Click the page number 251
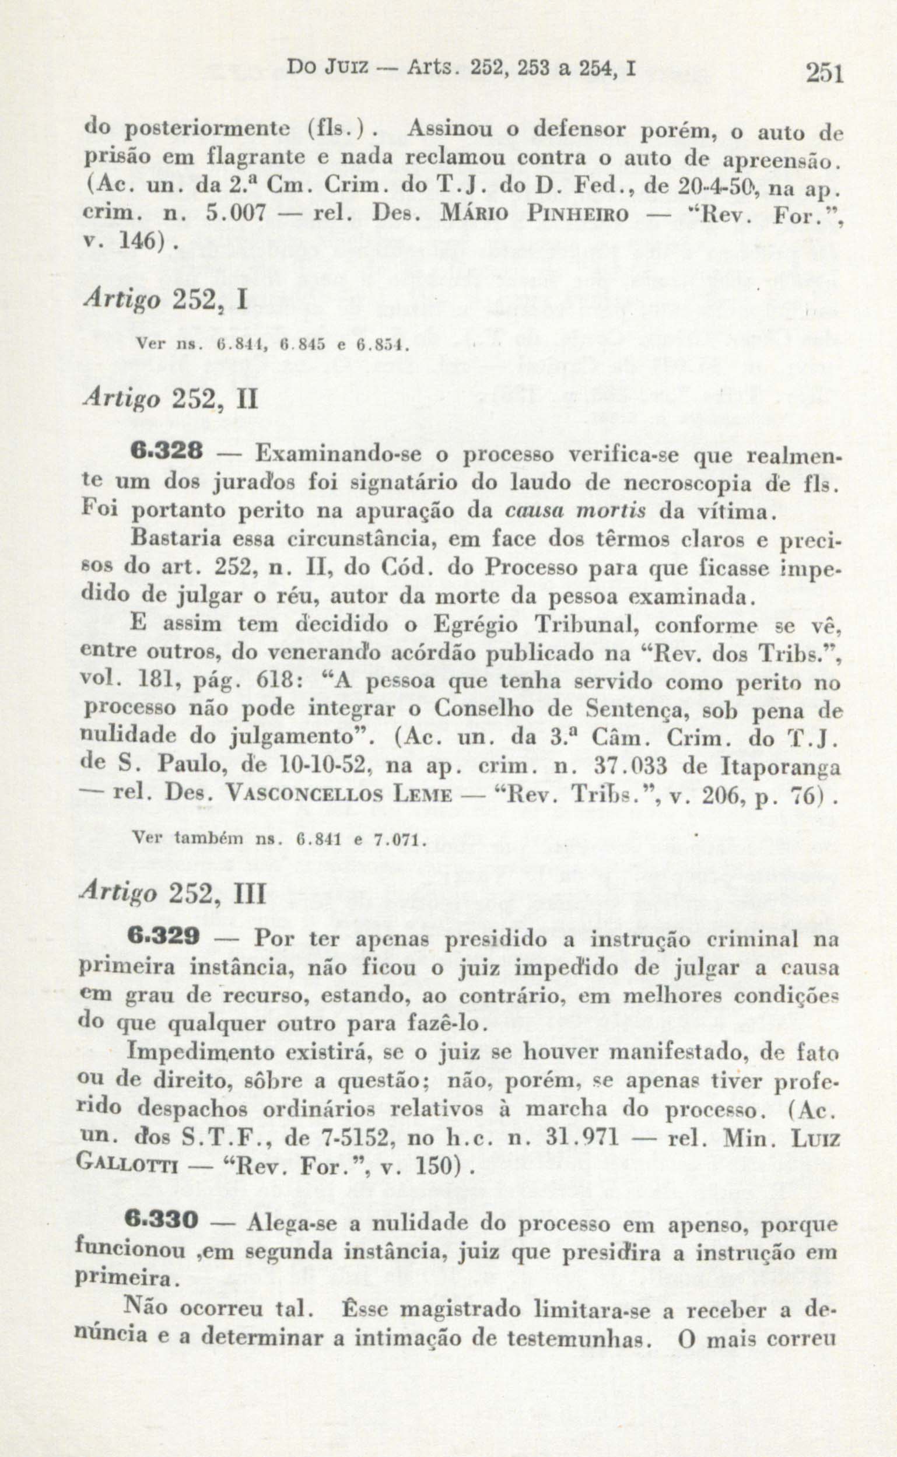click(x=824, y=74)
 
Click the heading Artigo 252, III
click(x=173, y=893)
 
